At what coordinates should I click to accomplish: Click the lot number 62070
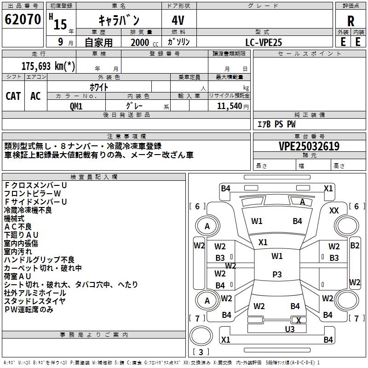23,19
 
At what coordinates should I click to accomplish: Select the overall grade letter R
351,21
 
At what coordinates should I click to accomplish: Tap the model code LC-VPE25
264,42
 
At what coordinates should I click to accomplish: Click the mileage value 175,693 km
48,66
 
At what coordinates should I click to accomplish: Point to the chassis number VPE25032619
309,146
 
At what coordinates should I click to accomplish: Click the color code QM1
76,106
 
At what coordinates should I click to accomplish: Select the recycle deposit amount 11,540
229,106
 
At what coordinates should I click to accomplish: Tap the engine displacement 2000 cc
144,43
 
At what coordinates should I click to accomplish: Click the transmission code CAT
13,96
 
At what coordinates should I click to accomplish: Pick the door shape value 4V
178,20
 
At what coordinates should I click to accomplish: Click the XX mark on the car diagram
334,211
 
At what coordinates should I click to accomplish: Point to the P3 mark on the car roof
277,274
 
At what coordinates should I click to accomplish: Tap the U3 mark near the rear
290,329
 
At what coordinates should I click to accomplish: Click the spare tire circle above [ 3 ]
201,336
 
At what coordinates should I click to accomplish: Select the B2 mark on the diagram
355,246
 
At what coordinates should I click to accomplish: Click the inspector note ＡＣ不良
18,227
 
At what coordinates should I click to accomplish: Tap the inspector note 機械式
14,218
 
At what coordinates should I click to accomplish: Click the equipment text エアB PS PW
276,124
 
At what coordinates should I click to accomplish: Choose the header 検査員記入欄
94,177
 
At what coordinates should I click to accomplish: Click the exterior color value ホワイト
99,87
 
